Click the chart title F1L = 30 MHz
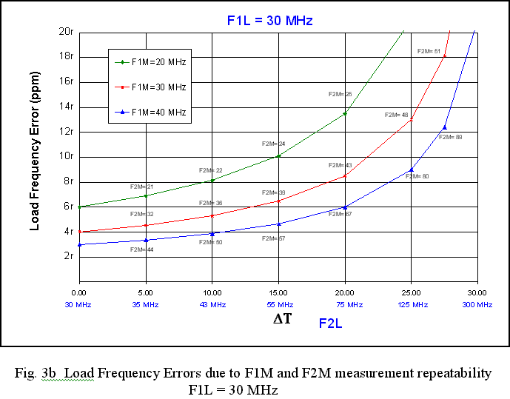[269, 21]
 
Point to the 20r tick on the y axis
[66, 31]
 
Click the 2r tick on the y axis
[68, 256]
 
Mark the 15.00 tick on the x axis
[278, 294]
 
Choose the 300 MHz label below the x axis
[477, 305]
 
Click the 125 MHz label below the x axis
[412, 305]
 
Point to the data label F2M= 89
[450, 137]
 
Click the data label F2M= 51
[429, 51]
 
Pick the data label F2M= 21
[141, 187]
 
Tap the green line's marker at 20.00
[345, 113]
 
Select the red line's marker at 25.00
[411, 120]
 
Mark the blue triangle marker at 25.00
[411, 170]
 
